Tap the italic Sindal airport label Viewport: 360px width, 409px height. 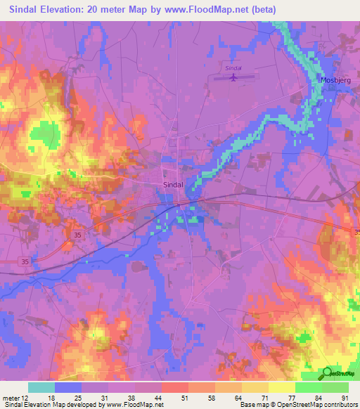point(233,67)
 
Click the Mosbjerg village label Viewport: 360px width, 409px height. point(336,79)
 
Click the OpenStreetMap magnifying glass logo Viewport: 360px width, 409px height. point(328,373)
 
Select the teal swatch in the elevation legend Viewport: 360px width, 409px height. point(41,387)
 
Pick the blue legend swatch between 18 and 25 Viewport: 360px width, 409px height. point(68,387)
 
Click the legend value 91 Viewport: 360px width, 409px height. point(345,398)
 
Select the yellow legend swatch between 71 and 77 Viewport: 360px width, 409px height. point(282,387)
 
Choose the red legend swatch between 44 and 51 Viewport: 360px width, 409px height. point(175,387)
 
